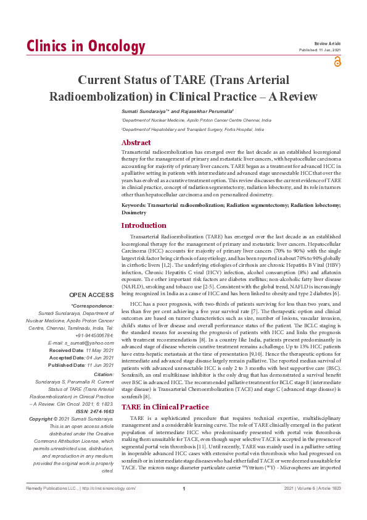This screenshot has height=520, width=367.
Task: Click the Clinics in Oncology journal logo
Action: coord(86,46)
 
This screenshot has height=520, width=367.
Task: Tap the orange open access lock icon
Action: coord(337,61)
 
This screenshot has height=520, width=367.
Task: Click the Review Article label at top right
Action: coord(327,44)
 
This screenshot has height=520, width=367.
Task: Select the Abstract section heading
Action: coord(136,143)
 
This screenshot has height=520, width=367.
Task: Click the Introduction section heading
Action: coord(144,225)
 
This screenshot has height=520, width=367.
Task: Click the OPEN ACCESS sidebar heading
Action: coord(91,295)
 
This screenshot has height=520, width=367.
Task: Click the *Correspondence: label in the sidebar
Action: coord(93,306)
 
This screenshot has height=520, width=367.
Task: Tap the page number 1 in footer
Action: coord(184,506)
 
